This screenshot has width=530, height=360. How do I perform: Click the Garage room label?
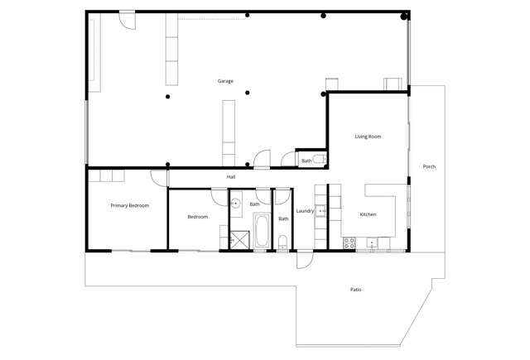pos(225,81)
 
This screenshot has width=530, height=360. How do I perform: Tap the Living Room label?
pos(368,137)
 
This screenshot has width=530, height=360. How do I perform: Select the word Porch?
pos(429,166)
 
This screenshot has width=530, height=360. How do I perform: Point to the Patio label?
pos(355,290)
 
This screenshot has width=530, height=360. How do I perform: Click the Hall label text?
pos(231,177)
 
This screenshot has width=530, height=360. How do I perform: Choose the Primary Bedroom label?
pos(130,205)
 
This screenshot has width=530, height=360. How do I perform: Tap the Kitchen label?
pos(368,214)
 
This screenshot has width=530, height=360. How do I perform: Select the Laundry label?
pos(305,211)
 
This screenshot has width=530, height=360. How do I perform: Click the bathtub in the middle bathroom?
pos(262,231)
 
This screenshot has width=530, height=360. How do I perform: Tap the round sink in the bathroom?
pos(235,203)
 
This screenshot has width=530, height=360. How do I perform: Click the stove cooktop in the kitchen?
pos(349,242)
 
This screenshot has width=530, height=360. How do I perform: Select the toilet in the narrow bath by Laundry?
pos(283,242)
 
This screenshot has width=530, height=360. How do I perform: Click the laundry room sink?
pos(322,211)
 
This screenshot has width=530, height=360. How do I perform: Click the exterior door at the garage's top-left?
pos(127,20)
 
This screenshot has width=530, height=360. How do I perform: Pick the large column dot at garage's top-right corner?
pos(404,16)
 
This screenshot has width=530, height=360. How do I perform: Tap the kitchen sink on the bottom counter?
pos(373,242)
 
